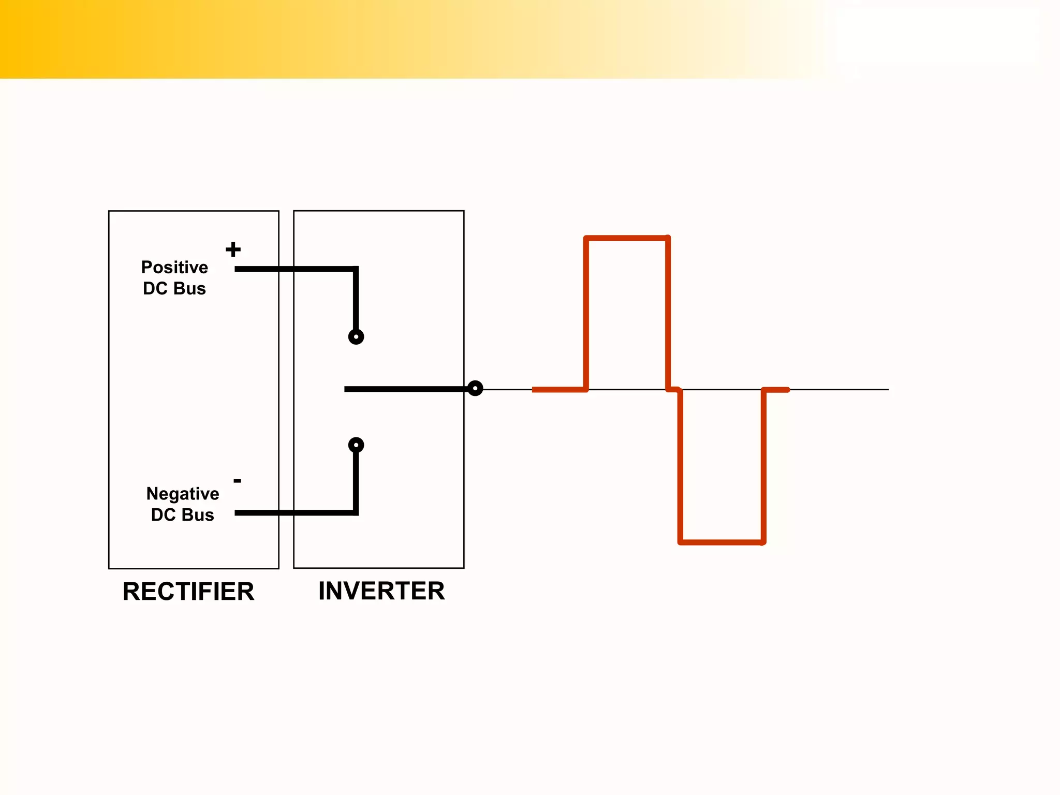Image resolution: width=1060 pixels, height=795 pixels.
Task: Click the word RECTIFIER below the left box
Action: pyautogui.click(x=188, y=592)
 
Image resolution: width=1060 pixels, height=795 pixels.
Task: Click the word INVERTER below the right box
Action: pyautogui.click(x=381, y=591)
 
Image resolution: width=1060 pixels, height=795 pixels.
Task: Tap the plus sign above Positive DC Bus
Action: pyautogui.click(x=233, y=249)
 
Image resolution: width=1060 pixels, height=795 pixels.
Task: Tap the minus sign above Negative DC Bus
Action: pyautogui.click(x=237, y=481)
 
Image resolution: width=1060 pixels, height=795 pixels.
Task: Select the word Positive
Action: pyautogui.click(x=174, y=267)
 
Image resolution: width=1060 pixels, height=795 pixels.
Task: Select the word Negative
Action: pyautogui.click(x=182, y=493)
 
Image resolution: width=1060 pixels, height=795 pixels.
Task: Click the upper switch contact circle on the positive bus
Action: pyautogui.click(x=356, y=337)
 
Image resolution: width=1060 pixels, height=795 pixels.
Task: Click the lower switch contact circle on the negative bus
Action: pyautogui.click(x=356, y=445)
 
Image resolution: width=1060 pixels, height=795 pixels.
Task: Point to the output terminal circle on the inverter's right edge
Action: pyautogui.click(x=475, y=388)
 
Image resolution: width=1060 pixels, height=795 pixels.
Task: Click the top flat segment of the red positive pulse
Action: pyautogui.click(x=627, y=239)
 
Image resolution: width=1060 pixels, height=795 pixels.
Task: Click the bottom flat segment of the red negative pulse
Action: pyautogui.click(x=722, y=542)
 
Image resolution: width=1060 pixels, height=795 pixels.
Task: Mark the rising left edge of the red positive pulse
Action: pyautogui.click(x=586, y=313)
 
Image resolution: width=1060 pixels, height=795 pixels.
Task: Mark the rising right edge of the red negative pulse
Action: pyautogui.click(x=763, y=466)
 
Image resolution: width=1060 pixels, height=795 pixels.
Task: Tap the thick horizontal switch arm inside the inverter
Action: pyautogui.click(x=404, y=389)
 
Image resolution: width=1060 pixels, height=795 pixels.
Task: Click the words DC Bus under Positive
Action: pyautogui.click(x=174, y=288)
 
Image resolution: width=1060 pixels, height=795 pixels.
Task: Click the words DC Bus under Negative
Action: pyautogui.click(x=182, y=515)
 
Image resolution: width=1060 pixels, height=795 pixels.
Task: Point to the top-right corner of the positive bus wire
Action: pyautogui.click(x=356, y=269)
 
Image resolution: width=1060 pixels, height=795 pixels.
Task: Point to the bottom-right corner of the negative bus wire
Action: pyautogui.click(x=356, y=512)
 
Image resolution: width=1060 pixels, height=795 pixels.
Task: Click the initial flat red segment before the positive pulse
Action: pyautogui.click(x=559, y=390)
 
